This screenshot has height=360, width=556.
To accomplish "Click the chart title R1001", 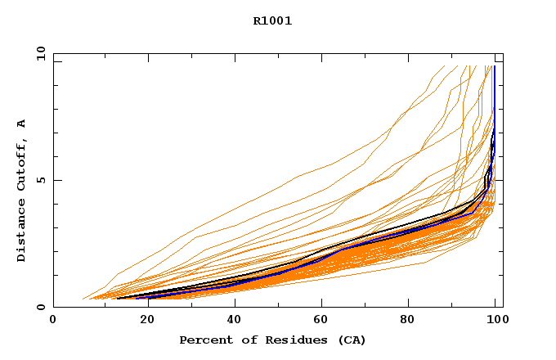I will (272, 21).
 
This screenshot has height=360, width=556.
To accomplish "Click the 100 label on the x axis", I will (496, 320).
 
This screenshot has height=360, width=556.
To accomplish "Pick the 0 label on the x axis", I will (54, 320).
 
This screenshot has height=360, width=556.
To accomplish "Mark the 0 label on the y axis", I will (41, 308).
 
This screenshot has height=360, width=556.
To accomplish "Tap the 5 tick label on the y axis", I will (41, 180).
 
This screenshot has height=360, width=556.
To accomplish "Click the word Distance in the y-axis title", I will (21, 233).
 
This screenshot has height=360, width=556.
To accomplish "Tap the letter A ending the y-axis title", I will (21, 124).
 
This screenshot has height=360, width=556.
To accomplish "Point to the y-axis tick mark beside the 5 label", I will (56, 180).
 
